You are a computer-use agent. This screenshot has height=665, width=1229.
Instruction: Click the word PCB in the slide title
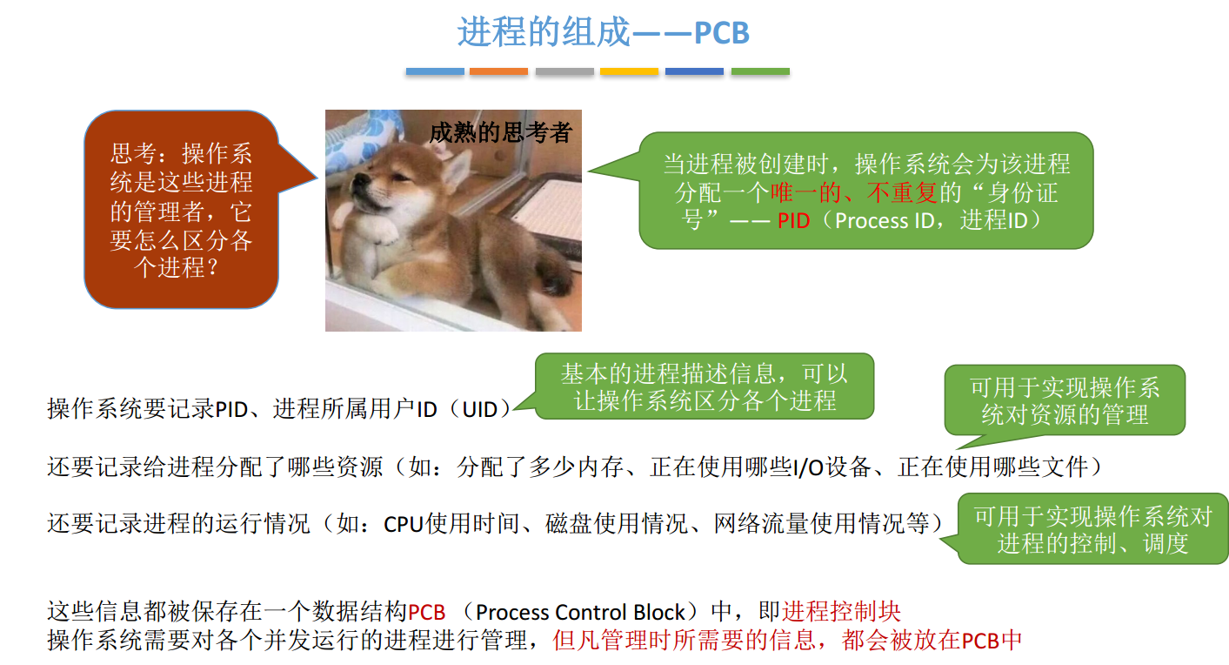[721, 33]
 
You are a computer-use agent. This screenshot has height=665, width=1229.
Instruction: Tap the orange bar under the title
[498, 71]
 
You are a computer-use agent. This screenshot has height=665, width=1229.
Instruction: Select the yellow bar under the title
[629, 71]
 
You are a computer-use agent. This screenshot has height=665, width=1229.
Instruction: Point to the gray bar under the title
[564, 71]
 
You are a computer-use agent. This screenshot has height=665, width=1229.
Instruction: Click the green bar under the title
[760, 71]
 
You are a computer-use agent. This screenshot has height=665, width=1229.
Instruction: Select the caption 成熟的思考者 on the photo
[500, 132]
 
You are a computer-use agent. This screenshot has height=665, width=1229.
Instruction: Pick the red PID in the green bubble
[793, 220]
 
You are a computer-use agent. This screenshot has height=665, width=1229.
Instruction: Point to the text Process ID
[884, 220]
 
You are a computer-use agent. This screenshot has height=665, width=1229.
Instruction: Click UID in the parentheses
[480, 409]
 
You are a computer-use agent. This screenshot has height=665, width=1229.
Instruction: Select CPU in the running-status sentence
[403, 525]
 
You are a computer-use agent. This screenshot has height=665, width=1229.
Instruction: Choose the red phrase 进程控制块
[841, 612]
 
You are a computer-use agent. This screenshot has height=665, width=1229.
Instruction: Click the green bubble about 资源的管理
[1065, 400]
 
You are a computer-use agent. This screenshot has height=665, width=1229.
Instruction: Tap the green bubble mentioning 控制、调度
[1092, 529]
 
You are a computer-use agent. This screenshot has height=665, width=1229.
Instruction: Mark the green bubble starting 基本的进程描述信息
[704, 386]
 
